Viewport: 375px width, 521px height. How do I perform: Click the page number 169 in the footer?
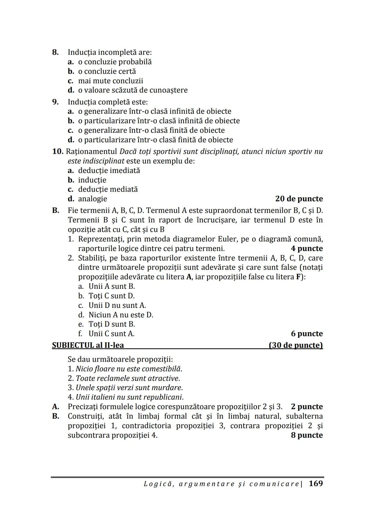[315, 484]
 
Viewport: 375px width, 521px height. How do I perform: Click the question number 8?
[55, 52]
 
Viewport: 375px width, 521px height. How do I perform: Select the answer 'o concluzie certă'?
[107, 71]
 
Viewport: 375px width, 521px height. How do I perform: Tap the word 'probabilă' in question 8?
[135, 62]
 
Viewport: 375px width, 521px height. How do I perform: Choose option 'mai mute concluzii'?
[110, 81]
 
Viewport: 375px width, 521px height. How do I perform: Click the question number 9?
[55, 102]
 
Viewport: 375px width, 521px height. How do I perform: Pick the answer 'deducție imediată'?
[109, 170]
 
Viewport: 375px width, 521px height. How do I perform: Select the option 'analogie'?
[92, 199]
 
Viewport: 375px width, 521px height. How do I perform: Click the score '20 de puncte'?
[299, 199]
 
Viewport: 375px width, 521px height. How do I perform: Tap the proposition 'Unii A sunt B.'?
[111, 286]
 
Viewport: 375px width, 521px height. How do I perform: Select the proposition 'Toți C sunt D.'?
[111, 296]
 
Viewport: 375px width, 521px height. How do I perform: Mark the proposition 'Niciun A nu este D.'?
[120, 315]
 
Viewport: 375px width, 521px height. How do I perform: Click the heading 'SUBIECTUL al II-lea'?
[88, 345]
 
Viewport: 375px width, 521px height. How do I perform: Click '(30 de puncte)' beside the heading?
[295, 345]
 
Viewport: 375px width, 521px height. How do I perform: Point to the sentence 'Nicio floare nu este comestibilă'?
[128, 369]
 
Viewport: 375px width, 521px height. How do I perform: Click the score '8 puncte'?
[307, 435]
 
